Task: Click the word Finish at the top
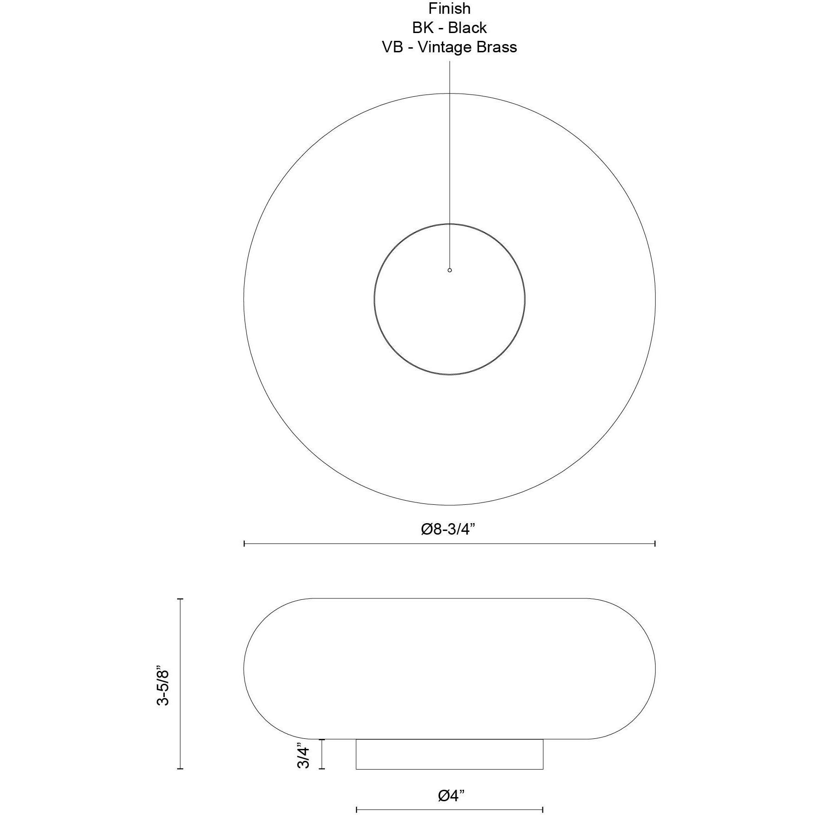[449, 9]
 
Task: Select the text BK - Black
[449, 28]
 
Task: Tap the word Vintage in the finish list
[444, 47]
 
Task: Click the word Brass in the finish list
[497, 47]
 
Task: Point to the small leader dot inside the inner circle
[450, 270]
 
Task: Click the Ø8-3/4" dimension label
[447, 529]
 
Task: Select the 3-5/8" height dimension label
[163, 687]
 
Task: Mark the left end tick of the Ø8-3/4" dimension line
[244, 543]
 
